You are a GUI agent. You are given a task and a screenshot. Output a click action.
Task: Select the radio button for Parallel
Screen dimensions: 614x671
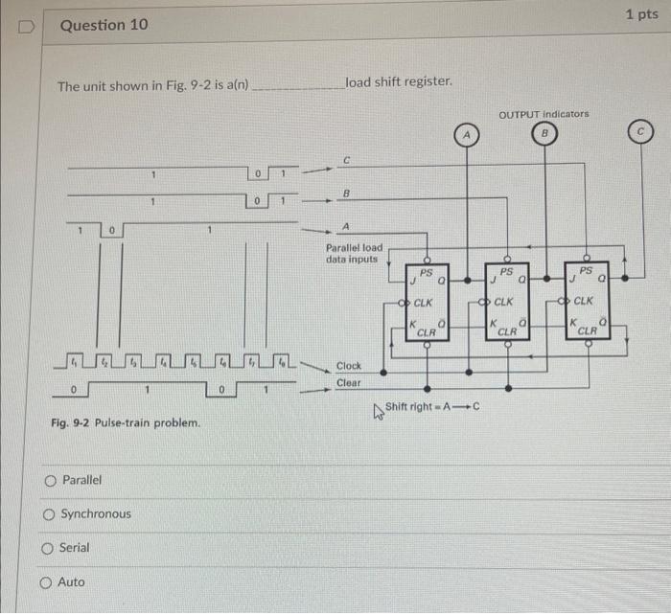tap(49, 480)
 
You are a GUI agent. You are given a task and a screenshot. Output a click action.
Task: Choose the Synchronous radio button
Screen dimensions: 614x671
tap(49, 514)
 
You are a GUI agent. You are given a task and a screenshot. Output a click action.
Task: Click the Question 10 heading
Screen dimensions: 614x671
tap(104, 25)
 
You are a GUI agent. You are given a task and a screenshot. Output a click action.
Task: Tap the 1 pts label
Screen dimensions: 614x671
tap(641, 14)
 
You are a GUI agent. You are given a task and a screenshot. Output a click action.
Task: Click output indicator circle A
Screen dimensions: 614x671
tap(467, 136)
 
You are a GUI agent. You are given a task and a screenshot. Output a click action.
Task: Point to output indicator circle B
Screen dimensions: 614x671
tap(543, 133)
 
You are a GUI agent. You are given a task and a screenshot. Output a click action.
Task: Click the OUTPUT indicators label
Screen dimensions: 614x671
tap(544, 113)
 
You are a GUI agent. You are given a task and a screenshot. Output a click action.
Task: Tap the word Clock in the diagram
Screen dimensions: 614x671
tap(349, 366)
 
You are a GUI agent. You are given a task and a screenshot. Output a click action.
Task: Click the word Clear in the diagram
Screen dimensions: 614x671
tap(349, 382)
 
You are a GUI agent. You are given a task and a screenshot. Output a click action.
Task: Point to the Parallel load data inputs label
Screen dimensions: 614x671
tap(354, 253)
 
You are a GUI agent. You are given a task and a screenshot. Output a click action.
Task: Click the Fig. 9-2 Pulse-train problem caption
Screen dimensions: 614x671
tap(127, 422)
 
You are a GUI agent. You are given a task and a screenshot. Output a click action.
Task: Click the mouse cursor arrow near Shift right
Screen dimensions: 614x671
tap(379, 410)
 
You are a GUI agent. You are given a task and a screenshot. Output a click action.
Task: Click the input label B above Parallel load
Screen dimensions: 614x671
tap(347, 193)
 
